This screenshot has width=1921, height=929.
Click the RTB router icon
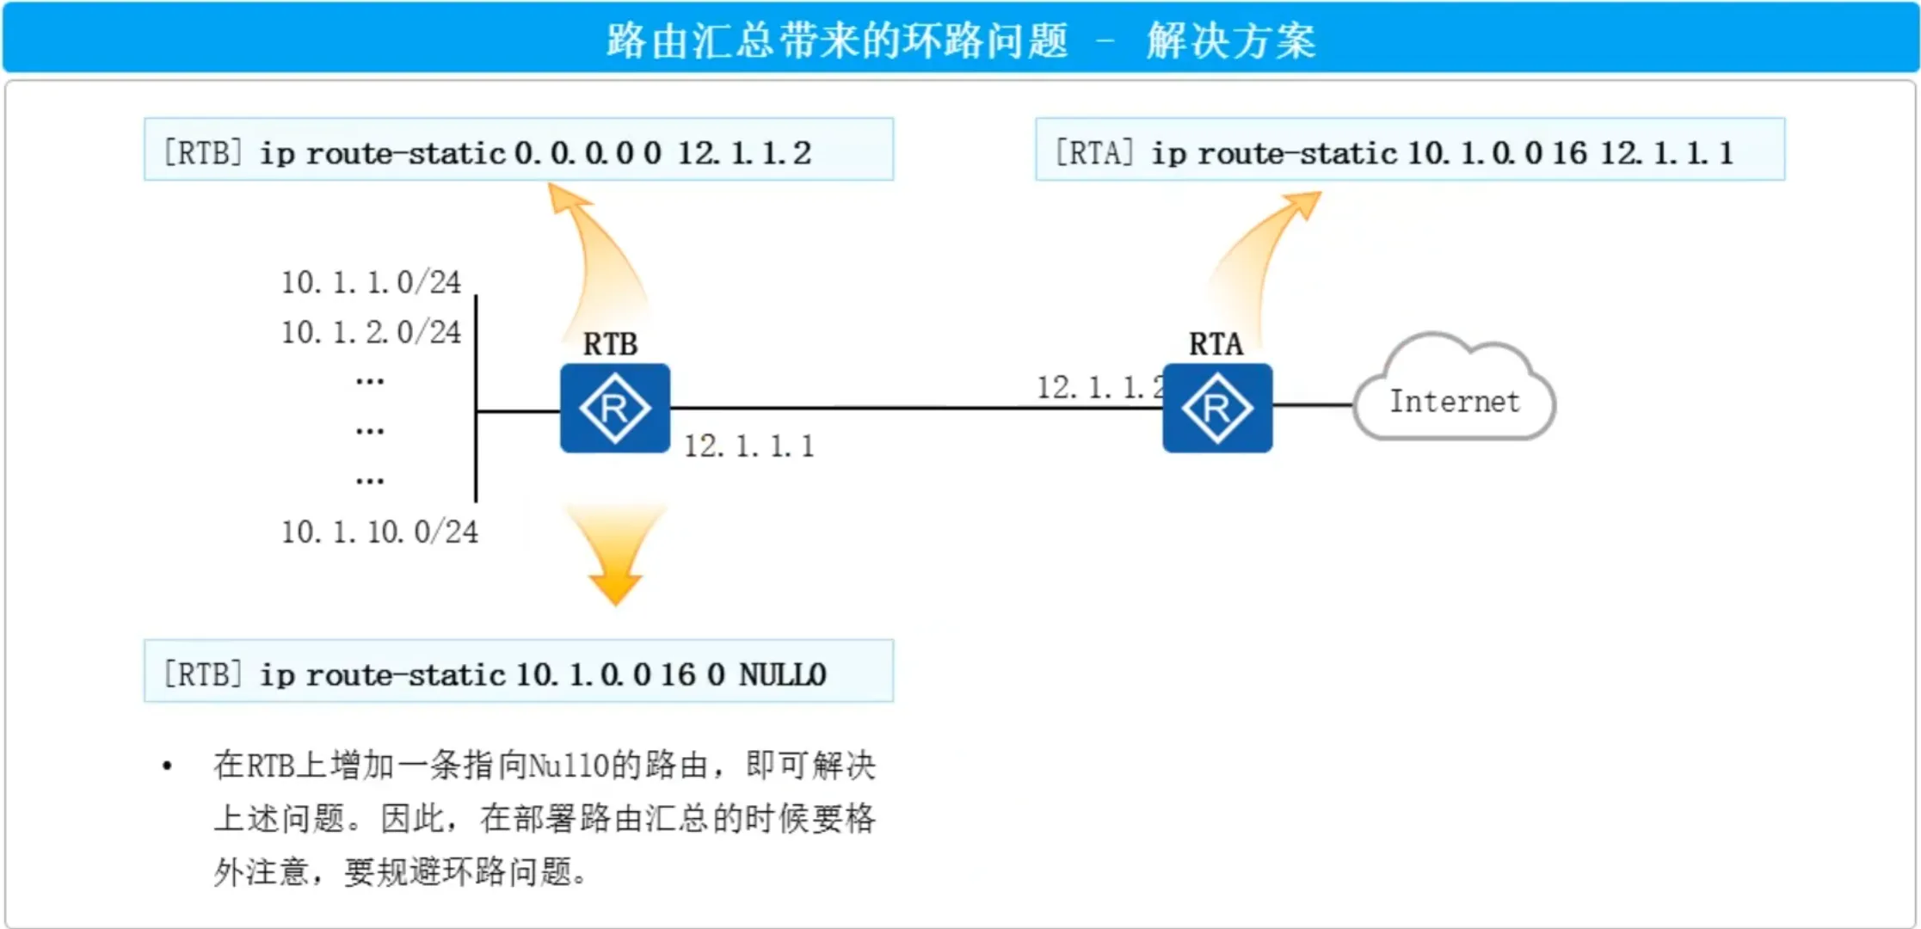[x=614, y=408]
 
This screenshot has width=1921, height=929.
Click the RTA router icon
[x=1216, y=408]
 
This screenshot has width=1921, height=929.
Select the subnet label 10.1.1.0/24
[x=371, y=282]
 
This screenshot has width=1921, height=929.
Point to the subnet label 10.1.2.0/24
[x=371, y=332]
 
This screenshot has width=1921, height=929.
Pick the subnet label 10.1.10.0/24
[x=379, y=532]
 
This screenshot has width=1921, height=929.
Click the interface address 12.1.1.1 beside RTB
[x=748, y=446]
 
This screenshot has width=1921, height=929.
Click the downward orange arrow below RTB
[x=615, y=555]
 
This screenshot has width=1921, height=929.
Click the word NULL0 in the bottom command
[x=782, y=674]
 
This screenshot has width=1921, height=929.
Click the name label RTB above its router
[x=610, y=344]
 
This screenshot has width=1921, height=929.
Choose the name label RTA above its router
[x=1216, y=344]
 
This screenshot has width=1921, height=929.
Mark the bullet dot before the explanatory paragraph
[x=167, y=766]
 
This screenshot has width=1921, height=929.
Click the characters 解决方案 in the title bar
[x=1231, y=40]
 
